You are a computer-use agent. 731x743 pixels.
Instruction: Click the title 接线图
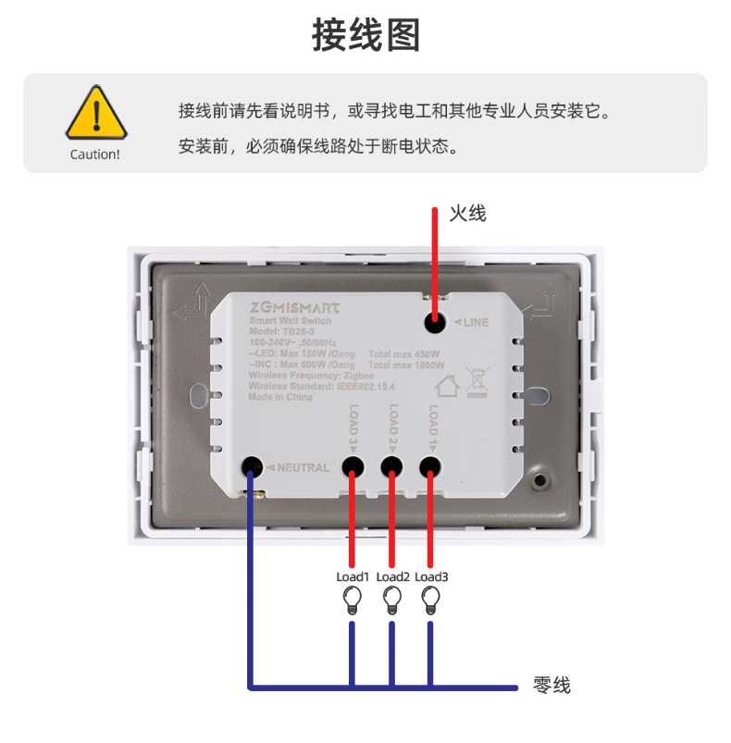[x=365, y=35]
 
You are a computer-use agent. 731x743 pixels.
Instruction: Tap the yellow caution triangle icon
[x=95, y=114]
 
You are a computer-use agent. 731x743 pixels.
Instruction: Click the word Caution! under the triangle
[x=95, y=155]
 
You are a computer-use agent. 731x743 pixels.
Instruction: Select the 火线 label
[x=467, y=214]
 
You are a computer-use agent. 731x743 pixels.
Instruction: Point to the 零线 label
[x=551, y=686]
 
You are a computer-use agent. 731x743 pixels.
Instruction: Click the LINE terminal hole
[x=432, y=322]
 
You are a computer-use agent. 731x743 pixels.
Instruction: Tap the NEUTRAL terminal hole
[x=251, y=467]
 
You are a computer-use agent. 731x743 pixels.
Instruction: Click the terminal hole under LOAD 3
[x=352, y=467]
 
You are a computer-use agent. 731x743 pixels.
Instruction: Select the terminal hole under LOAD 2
[x=391, y=467]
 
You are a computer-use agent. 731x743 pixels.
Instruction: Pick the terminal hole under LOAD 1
[x=430, y=467]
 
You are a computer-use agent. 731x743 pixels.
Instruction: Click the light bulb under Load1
[x=352, y=601]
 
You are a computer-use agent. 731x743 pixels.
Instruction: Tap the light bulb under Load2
[x=391, y=601]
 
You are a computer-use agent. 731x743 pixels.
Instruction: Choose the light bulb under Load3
[x=429, y=601]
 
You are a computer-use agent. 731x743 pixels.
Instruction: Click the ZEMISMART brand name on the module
[x=294, y=308]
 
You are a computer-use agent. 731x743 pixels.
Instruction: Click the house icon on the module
[x=448, y=384]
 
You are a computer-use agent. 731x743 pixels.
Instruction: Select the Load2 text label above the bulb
[x=392, y=577]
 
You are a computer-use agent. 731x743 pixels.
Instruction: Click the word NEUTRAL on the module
[x=303, y=468]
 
